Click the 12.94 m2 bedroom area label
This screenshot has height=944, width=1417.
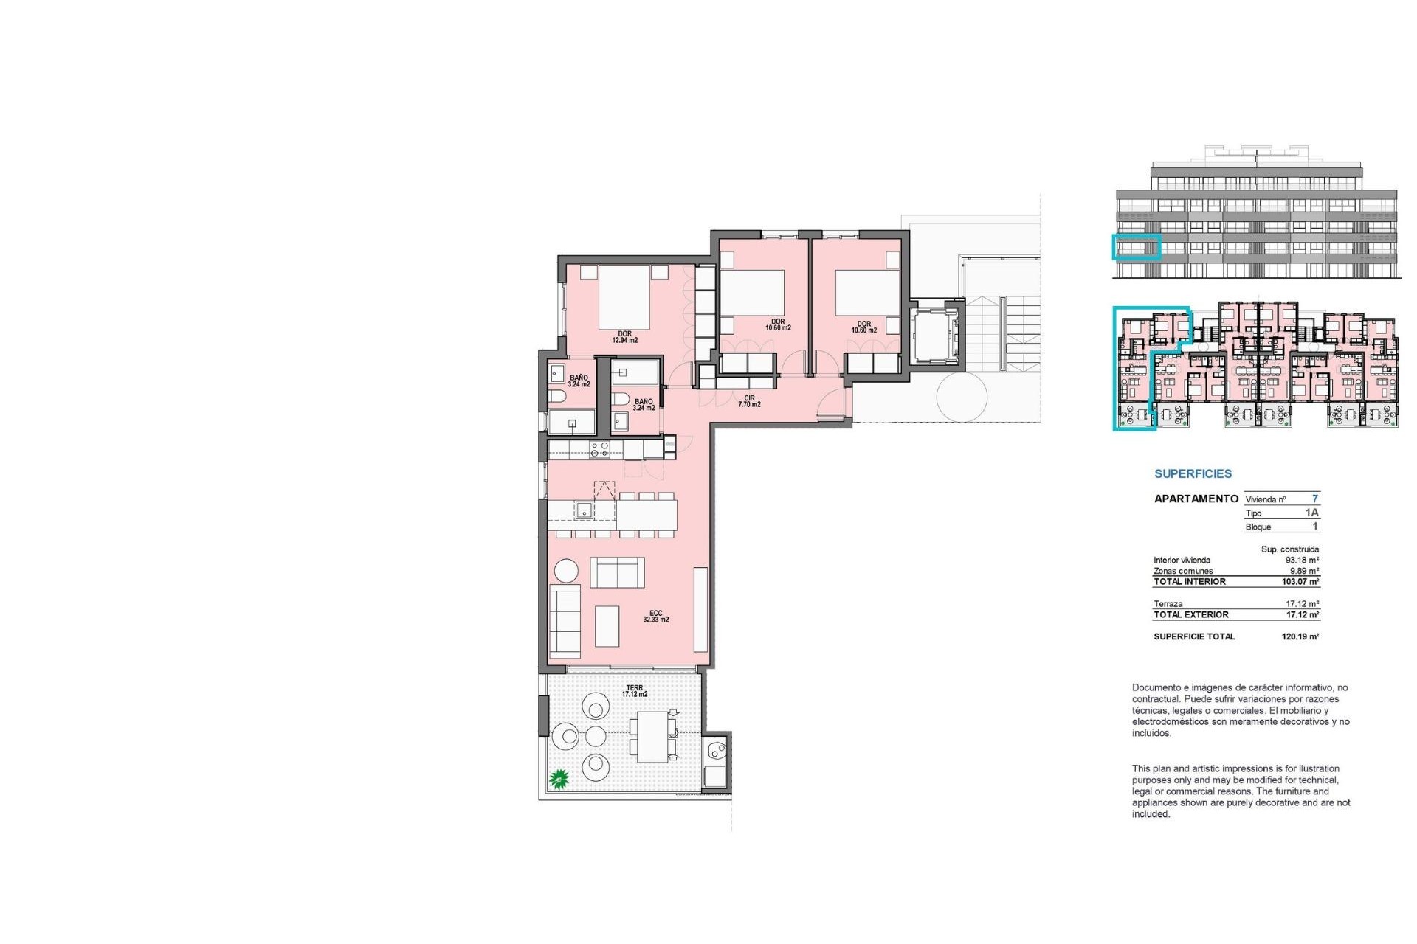pyautogui.click(x=624, y=338)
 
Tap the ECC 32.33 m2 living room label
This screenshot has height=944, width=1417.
pyautogui.click(x=655, y=617)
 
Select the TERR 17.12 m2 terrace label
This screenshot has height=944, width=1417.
pyautogui.click(x=634, y=691)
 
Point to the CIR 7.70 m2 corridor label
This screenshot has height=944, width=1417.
pyautogui.click(x=749, y=401)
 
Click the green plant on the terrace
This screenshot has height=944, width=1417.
pyautogui.click(x=559, y=779)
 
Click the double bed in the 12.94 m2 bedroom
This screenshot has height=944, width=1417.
pyautogui.click(x=624, y=297)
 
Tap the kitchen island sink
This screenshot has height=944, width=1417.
pyautogui.click(x=584, y=510)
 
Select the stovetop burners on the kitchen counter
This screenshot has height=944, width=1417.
pyautogui.click(x=599, y=448)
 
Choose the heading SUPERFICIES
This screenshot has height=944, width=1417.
pyautogui.click(x=1193, y=474)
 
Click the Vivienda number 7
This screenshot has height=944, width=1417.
pyautogui.click(x=1314, y=499)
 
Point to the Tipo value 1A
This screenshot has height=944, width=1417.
pyautogui.click(x=1311, y=513)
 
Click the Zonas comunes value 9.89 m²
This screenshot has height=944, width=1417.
pyautogui.click(x=1303, y=571)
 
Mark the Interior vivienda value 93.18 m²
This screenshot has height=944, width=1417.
pyautogui.click(x=1302, y=560)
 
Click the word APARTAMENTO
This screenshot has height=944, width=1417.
pyautogui.click(x=1196, y=499)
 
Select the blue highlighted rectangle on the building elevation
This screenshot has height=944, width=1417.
pyautogui.click(x=1137, y=246)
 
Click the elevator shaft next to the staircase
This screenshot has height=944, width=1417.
pyautogui.click(x=934, y=335)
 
